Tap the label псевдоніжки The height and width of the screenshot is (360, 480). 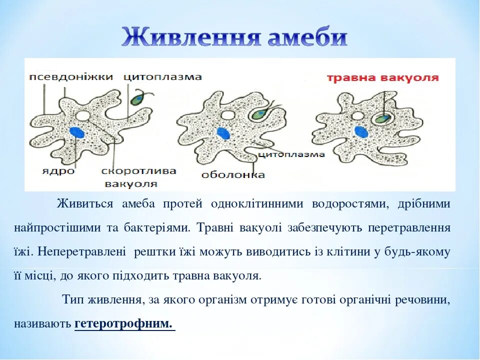[71, 76]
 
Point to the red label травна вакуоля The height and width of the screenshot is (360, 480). [382, 78]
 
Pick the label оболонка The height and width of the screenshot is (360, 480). [233, 174]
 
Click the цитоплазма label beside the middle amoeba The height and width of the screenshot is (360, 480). [291, 154]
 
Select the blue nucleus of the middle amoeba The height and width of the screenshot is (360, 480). [223, 133]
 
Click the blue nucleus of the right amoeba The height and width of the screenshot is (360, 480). [359, 131]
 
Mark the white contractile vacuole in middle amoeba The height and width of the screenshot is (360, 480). [227, 115]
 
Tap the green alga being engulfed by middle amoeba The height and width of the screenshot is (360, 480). [259, 114]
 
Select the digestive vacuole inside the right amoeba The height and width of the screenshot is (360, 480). [381, 118]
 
